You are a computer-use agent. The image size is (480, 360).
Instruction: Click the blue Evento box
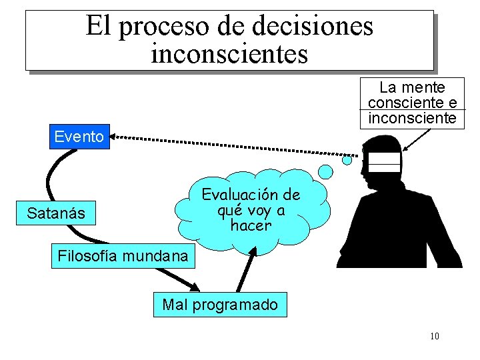coord(79,137)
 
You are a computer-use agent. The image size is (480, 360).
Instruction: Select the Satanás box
coord(56,213)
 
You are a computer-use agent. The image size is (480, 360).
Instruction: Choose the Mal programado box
coord(220,305)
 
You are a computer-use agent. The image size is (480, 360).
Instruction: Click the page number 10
coord(434,335)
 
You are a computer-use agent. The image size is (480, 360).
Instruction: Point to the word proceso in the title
coord(174,26)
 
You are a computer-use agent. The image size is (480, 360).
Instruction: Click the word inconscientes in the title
coord(229,53)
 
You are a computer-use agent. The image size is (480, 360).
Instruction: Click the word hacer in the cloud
coord(251,225)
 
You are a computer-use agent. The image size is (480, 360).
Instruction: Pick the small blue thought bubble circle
coord(347,160)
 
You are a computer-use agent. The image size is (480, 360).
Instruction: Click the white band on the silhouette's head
coord(385,163)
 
